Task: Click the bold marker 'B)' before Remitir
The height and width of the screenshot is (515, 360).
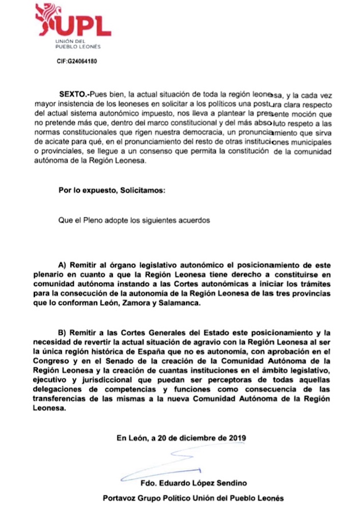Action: (63, 332)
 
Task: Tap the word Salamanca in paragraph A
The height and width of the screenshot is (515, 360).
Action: (182, 304)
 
